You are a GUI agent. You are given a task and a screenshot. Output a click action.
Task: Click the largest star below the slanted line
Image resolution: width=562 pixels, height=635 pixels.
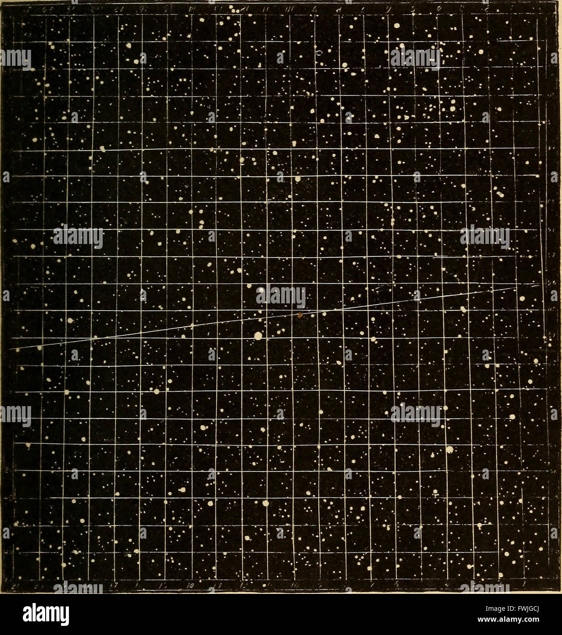[x=258, y=336]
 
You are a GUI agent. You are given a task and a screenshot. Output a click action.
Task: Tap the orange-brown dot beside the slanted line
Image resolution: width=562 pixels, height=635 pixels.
[x=300, y=315]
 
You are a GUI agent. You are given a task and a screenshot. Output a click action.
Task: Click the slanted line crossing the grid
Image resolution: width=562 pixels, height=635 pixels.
[x=192, y=326]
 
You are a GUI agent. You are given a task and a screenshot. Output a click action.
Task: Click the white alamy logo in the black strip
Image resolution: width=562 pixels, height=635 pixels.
[x=46, y=614]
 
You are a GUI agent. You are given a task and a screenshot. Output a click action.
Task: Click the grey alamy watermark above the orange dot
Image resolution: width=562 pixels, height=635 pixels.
[x=281, y=296]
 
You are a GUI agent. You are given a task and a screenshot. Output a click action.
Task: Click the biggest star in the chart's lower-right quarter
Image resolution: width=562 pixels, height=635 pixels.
[x=450, y=450]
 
